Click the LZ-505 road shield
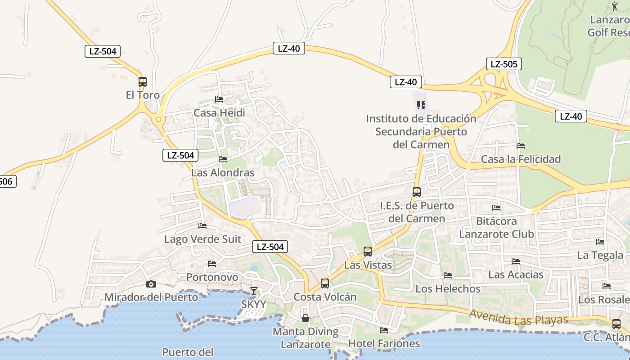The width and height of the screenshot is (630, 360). click(504, 64)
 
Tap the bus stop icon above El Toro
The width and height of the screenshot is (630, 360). click(143, 82)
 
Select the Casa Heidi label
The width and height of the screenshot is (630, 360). click(219, 112)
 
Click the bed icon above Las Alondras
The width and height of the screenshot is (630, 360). click(223, 159)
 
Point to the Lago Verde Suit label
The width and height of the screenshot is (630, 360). click(202, 239)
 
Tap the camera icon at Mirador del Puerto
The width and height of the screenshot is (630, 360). click(151, 284)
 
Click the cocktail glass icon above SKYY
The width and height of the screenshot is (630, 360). click(254, 291)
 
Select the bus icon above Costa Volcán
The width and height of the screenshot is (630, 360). click(325, 283)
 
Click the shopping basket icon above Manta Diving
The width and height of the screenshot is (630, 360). click(306, 318)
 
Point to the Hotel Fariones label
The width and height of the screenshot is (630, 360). click(384, 344)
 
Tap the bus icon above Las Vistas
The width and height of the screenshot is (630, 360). click(368, 252)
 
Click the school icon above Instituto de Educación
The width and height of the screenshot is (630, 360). click(421, 105)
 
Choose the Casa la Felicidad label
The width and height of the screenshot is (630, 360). click(521, 159)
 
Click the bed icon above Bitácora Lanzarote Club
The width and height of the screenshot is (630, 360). click(496, 208)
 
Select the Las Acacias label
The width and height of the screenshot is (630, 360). click(516, 274)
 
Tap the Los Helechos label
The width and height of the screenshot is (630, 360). click(448, 288)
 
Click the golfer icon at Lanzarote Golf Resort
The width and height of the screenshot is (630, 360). click(615, 6)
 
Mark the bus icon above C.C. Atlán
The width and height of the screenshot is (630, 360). click(616, 324)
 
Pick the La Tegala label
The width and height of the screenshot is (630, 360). click(600, 255)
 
